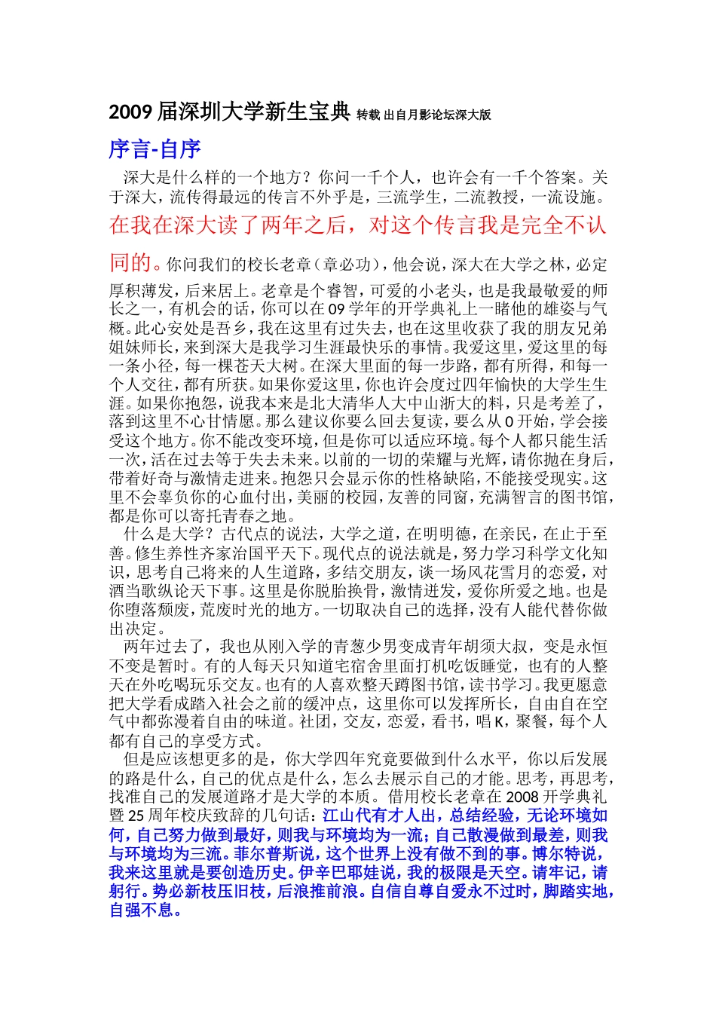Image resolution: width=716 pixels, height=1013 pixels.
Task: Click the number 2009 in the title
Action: pos(130,112)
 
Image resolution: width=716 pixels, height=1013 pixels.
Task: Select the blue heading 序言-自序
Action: pos(155,149)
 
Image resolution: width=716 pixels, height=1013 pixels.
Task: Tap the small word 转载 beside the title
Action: pos(368,115)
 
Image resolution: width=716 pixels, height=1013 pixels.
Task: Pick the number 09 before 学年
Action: pos(337,309)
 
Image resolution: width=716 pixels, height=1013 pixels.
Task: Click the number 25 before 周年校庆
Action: pos(136,816)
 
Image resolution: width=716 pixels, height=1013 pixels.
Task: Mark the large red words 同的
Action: pos(130,262)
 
